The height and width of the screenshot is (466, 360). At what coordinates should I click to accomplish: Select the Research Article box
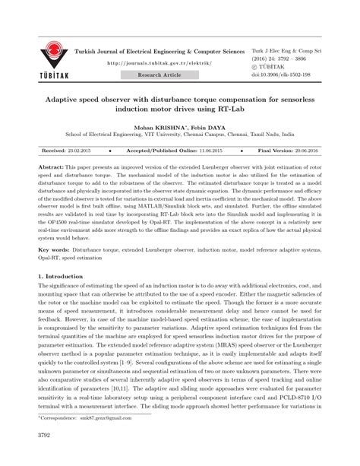point(159,76)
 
